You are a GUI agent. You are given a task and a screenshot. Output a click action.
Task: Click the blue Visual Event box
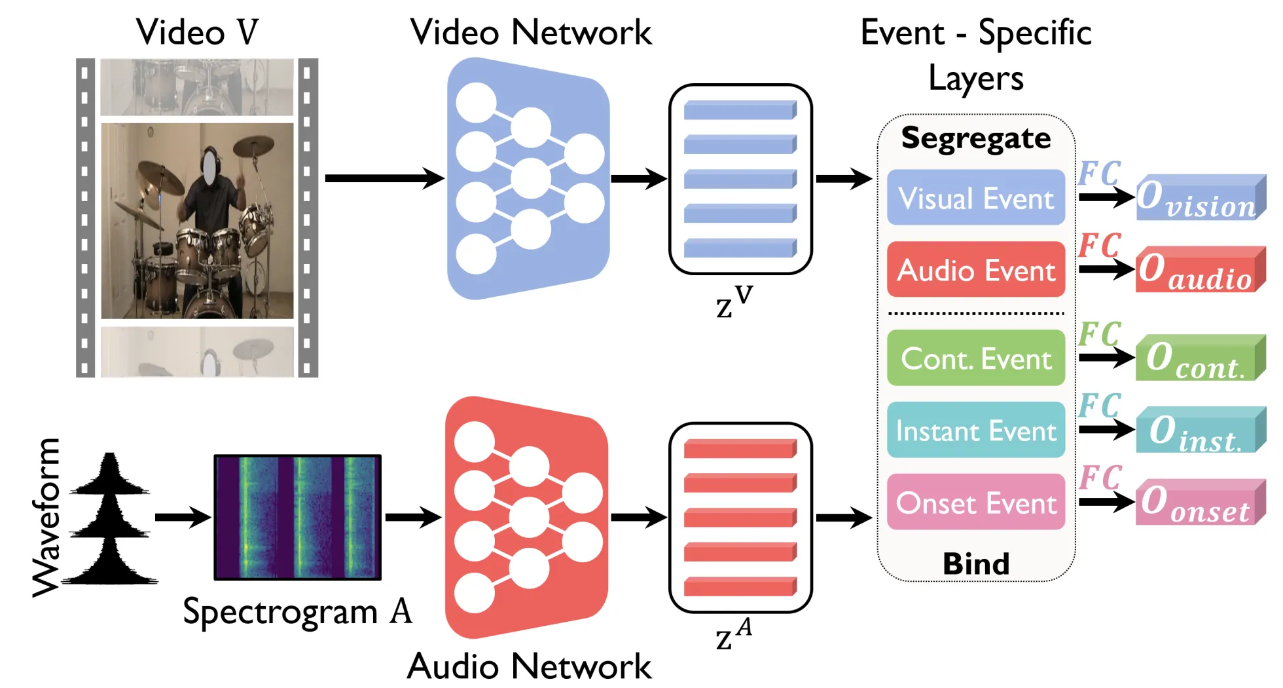pos(975,198)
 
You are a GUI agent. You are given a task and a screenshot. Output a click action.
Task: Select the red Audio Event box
pos(975,270)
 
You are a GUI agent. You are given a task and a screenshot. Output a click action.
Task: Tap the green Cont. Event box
pos(975,358)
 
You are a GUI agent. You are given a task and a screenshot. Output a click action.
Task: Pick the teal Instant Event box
pos(975,430)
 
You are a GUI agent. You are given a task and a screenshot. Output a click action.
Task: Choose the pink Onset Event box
pos(975,503)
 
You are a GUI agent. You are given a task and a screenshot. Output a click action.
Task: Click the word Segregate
pos(975,138)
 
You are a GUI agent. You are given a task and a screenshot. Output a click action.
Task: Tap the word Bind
pos(975,564)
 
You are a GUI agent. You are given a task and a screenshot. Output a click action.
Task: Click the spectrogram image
pos(297,517)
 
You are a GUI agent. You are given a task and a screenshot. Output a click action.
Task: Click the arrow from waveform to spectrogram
pos(183,517)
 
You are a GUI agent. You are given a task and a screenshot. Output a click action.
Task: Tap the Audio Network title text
pos(529,666)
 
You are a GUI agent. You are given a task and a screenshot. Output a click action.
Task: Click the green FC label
pos(1100,334)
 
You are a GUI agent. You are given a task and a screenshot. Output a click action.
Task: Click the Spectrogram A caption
pos(297,612)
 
